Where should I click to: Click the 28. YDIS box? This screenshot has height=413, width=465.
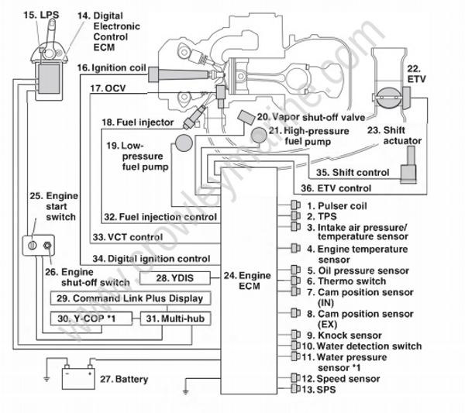(175, 277)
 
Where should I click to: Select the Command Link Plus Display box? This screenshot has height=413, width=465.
(127, 298)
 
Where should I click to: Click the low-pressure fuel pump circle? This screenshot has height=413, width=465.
(184, 144)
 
